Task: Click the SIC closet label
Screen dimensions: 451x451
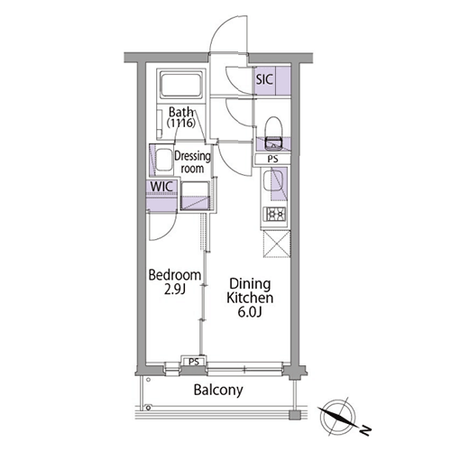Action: [x=264, y=79]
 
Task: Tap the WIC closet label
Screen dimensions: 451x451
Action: [x=161, y=187]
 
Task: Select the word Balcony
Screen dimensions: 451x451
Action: [x=218, y=391]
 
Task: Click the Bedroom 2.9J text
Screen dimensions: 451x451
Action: [x=175, y=281]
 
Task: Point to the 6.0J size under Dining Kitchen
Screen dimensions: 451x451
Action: [x=250, y=312]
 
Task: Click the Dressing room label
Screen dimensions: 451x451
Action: [x=192, y=162]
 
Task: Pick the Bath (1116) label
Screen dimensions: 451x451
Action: [x=181, y=117]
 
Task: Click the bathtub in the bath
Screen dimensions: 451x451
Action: [x=181, y=84]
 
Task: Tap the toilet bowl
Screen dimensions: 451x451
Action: [x=273, y=133]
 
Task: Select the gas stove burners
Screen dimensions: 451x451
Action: [x=275, y=214]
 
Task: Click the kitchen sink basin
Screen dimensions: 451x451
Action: [x=273, y=180]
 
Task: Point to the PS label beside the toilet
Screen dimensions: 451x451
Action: [x=272, y=159]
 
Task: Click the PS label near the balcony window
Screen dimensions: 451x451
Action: [x=194, y=362]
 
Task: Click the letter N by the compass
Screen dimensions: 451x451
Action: [x=365, y=430]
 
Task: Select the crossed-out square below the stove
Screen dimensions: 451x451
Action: [x=277, y=244]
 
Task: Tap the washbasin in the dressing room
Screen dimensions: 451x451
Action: [x=163, y=160]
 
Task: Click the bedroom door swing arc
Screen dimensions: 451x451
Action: [x=170, y=232]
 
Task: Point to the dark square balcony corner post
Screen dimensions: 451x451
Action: [x=294, y=415]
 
